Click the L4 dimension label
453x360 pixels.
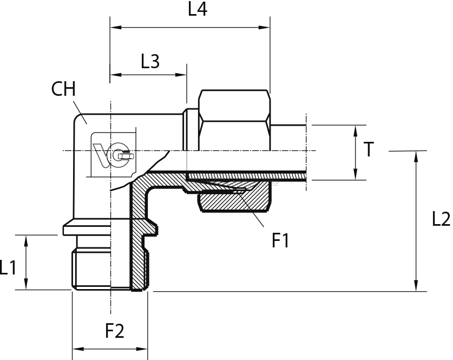198,9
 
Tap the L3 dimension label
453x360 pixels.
150,62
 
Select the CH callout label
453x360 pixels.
63,89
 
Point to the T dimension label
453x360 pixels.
369,149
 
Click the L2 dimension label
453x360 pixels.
441,219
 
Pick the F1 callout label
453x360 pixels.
280,240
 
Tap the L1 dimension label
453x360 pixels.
8,267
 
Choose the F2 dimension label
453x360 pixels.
114,331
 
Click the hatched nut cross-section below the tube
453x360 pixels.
234,201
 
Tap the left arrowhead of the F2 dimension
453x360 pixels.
78,349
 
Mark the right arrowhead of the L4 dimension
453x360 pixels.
264,28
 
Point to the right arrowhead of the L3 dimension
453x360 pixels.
181,75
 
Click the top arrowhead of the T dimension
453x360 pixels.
356,131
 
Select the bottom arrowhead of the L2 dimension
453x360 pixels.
416,285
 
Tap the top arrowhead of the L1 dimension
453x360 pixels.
26,241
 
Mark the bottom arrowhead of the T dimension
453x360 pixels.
356,174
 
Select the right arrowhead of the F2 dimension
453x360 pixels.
142,349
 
